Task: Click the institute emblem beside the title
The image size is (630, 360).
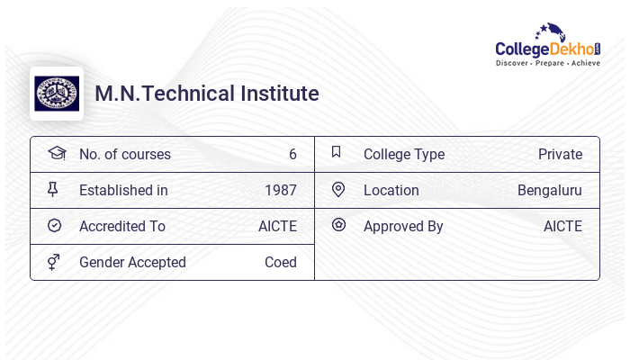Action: coord(56,94)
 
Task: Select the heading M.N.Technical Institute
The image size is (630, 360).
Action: coord(207,94)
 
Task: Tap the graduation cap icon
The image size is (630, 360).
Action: coord(56,153)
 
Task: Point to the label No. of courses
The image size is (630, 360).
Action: coord(125,155)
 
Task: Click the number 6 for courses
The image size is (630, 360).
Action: coord(292,155)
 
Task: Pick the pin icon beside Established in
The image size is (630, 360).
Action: coord(53,190)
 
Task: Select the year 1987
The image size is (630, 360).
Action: coord(281,191)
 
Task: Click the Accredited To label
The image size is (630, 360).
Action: coord(122,227)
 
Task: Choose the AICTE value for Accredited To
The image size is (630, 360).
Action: coord(277,227)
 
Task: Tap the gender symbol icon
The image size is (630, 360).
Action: coord(54,262)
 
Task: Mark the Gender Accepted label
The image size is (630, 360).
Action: coord(132,263)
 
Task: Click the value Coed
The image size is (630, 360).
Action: coord(281,263)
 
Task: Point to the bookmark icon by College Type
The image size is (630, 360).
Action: coord(337,152)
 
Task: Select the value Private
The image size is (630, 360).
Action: coord(560,155)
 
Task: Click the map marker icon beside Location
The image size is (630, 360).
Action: coord(338,189)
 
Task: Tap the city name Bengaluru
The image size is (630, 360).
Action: coord(550,191)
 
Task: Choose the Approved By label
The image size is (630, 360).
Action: coord(403,227)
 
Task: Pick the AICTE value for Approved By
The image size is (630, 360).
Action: coord(562,227)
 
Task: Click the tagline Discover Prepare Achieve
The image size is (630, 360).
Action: coord(548,63)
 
